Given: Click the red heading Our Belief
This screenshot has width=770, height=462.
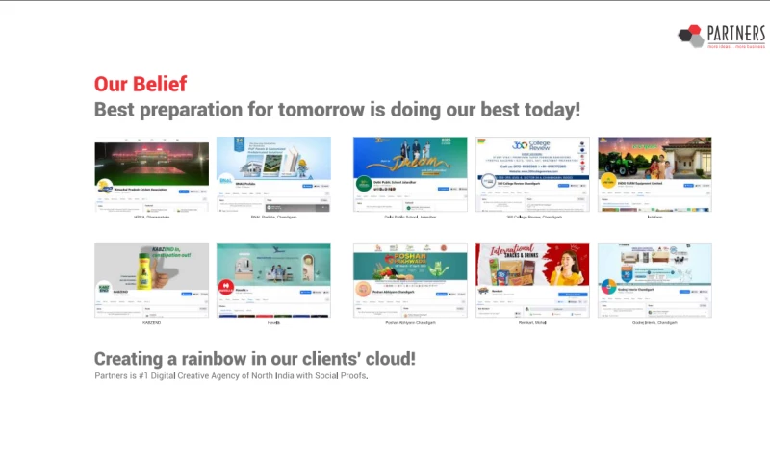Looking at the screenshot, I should point(141,84).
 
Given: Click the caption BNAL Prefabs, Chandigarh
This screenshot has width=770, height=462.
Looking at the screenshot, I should point(273,218).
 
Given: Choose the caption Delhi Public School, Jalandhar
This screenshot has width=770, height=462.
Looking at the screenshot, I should point(409,218).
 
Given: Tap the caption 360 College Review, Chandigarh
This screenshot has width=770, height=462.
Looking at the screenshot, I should point(532,218).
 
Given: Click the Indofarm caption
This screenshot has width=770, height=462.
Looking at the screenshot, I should point(654,218).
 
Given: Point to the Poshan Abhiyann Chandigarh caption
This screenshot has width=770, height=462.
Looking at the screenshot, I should point(409,323).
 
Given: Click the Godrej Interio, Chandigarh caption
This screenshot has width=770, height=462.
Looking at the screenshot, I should point(654,323).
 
